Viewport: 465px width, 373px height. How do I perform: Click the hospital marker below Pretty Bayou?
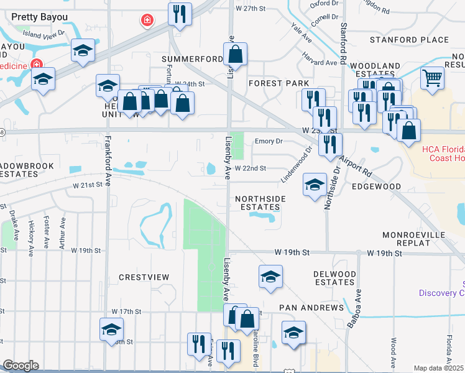click(x=147, y=21)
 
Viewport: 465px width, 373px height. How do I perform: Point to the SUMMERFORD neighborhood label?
click(x=192, y=59)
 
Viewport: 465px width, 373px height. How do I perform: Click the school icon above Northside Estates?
click(x=315, y=183)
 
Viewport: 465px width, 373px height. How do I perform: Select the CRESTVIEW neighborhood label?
click(x=144, y=277)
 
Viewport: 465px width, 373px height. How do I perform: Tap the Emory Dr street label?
click(x=269, y=141)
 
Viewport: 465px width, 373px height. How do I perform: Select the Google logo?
click(x=21, y=366)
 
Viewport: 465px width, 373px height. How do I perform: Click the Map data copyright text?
click(x=438, y=368)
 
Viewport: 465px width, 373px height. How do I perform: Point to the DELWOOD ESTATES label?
click(x=334, y=278)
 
